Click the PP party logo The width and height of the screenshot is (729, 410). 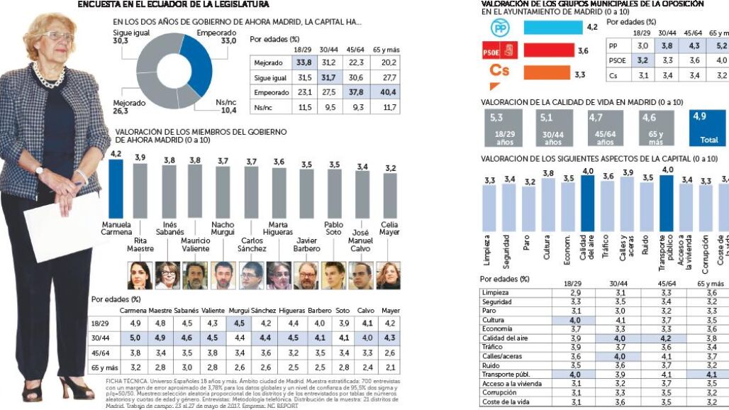click(x=500, y=28)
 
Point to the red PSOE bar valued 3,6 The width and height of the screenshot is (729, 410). click(x=548, y=50)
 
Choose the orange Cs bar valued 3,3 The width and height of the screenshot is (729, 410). click(x=547, y=72)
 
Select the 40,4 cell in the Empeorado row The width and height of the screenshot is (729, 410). click(x=388, y=92)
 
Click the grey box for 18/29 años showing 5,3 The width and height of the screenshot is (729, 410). click(x=505, y=127)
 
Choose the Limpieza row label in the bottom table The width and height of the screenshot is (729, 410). click(x=494, y=292)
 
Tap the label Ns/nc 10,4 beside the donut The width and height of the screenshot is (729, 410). click(x=226, y=106)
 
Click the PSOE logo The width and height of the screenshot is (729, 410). click(x=500, y=50)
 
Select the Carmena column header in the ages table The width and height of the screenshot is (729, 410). click(x=133, y=311)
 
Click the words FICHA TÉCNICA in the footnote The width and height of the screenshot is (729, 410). click(x=106, y=380)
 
